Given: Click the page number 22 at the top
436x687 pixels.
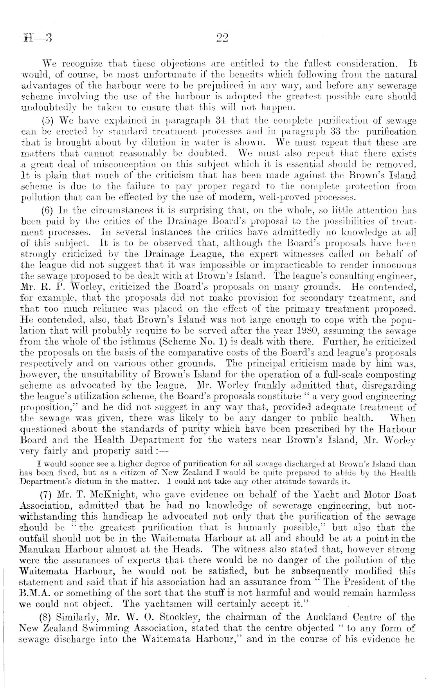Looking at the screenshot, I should pyautogui.click(x=222, y=38).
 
